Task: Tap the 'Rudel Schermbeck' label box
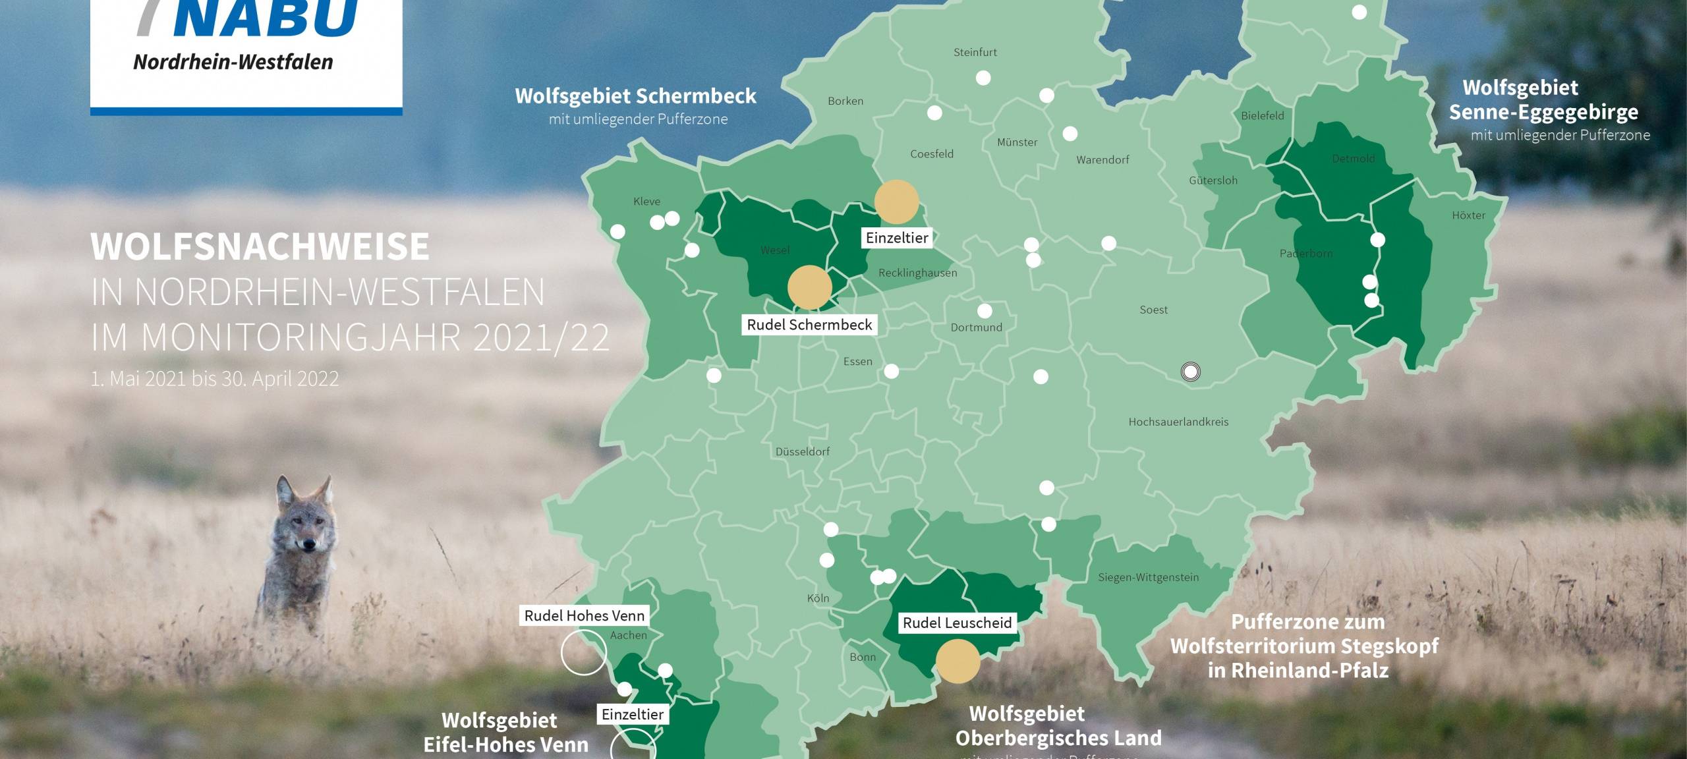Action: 809,325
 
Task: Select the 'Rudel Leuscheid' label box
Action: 957,623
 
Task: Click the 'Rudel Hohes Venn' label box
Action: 584,615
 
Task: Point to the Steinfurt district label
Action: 975,53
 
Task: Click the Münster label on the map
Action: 1017,142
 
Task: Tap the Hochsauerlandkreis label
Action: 1178,422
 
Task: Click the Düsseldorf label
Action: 802,452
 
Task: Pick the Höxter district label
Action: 1468,215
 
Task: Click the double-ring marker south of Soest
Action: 1190,372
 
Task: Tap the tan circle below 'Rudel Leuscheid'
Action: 958,661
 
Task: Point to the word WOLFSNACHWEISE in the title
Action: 260,246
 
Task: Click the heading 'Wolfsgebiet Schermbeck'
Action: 635,96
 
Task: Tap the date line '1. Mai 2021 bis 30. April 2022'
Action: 215,379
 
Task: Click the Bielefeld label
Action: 1262,116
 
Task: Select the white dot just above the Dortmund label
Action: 985,310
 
